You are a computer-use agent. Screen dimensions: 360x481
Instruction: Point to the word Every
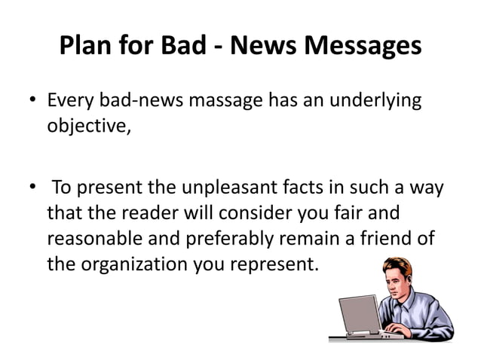pyautogui.click(x=72, y=100)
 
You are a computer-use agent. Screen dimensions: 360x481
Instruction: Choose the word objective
pyautogui.click(x=88, y=124)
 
